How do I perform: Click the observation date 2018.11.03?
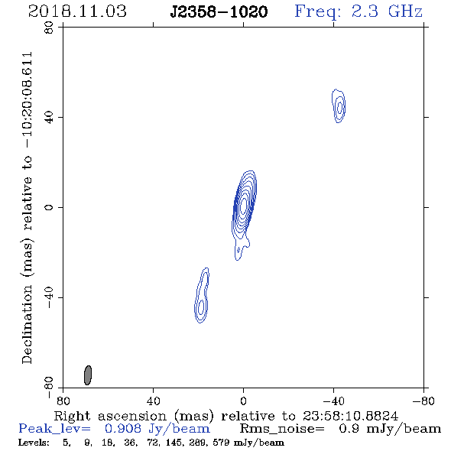(77, 11)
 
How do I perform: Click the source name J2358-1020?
(219, 12)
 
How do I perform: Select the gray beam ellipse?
(88, 375)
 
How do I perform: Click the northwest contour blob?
(339, 105)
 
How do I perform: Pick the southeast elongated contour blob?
(202, 295)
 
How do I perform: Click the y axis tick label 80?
(49, 28)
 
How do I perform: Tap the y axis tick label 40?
(49, 118)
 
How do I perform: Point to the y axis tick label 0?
(49, 207)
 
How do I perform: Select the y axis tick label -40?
(49, 297)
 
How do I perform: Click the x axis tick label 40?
(153, 401)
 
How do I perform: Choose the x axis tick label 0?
(243, 401)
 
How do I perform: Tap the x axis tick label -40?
(333, 401)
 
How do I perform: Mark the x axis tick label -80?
(423, 401)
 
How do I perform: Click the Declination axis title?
(27, 208)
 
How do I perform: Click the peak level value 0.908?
(123, 429)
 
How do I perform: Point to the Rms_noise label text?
(282, 429)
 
